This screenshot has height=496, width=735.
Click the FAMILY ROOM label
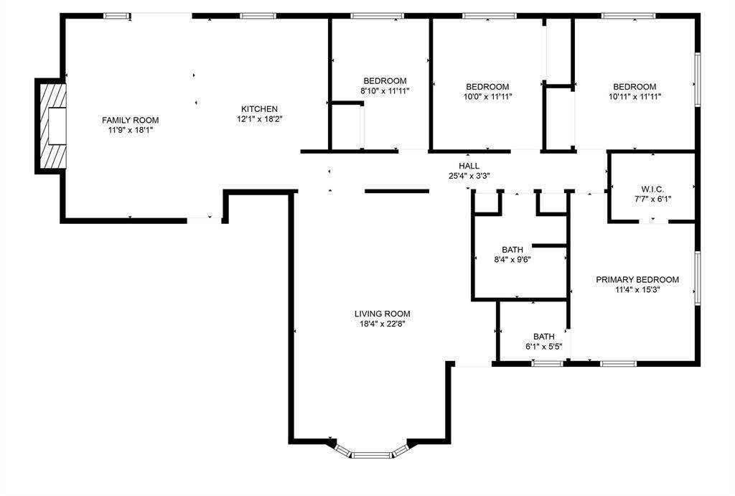[130, 120]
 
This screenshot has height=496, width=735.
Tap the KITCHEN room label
[259, 109]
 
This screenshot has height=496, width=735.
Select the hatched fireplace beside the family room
[52, 126]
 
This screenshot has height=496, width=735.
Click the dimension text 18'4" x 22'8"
[382, 324]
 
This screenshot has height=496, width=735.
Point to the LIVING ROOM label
[382, 314]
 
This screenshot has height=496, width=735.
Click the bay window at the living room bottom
[372, 453]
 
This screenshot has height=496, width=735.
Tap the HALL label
[469, 166]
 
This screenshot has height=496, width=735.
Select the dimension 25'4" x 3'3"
[469, 176]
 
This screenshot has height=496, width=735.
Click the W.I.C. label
[653, 189]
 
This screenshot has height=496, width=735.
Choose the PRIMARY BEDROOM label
[637, 280]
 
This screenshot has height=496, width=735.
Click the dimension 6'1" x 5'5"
[543, 347]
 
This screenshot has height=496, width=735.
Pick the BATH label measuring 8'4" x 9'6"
[513, 250]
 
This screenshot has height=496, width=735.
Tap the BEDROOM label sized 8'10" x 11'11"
[385, 81]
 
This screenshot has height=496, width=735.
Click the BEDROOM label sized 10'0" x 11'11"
[487, 86]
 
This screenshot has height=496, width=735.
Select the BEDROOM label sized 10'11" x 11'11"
[635, 86]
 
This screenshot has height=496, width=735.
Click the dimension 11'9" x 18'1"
[130, 131]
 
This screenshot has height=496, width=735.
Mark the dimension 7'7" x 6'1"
[653, 199]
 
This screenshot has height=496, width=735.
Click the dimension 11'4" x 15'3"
[637, 291]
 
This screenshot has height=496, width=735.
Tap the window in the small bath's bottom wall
[547, 363]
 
